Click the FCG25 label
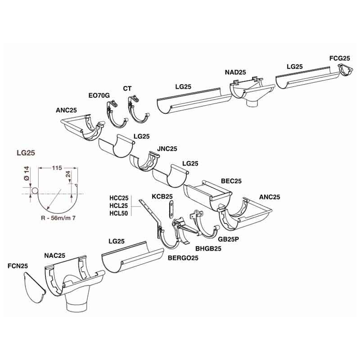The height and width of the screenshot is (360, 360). click(x=340, y=58)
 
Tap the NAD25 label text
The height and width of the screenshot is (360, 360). click(x=235, y=72)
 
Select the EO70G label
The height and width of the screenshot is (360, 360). click(x=99, y=95)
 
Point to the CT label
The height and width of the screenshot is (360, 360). click(x=127, y=88)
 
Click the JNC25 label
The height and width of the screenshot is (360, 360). click(x=167, y=149)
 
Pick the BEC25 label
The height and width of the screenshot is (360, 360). click(x=231, y=181)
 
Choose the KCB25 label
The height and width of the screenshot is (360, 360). click(x=162, y=197)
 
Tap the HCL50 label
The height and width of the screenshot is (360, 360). click(x=118, y=213)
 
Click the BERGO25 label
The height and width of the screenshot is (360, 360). click(x=183, y=257)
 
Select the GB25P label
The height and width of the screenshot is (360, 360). click(x=229, y=239)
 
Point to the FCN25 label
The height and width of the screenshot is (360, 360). click(x=18, y=266)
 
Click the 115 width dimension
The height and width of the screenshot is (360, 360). click(x=57, y=168)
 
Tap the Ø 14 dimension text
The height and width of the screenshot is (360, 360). click(x=27, y=173)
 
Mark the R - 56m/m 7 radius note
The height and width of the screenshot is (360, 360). click(x=58, y=218)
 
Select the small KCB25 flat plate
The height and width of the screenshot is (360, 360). click(x=171, y=209)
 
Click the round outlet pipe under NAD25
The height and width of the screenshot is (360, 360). click(x=252, y=103)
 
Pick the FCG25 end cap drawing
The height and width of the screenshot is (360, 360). click(x=345, y=70)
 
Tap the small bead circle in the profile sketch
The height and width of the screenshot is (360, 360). click(x=35, y=191)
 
